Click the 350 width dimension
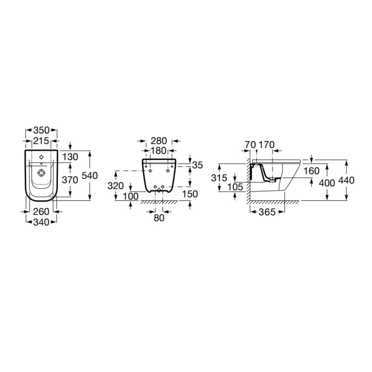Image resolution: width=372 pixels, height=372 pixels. tap(41, 130)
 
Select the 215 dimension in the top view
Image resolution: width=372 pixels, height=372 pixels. tap(41, 141)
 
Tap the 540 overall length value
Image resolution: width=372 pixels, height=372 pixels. tap(90, 175)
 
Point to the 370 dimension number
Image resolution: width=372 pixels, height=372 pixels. tap(70, 180)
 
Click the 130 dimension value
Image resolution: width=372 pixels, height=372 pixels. tap(70, 157)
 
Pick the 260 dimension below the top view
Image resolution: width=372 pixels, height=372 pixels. tap(41, 211)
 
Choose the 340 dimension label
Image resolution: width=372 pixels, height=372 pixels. tap(41, 222)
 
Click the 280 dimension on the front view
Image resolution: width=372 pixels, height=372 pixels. tap(159, 141)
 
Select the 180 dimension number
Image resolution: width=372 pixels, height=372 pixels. tap(159, 151)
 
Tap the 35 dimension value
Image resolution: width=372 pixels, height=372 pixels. tap(198, 165)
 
